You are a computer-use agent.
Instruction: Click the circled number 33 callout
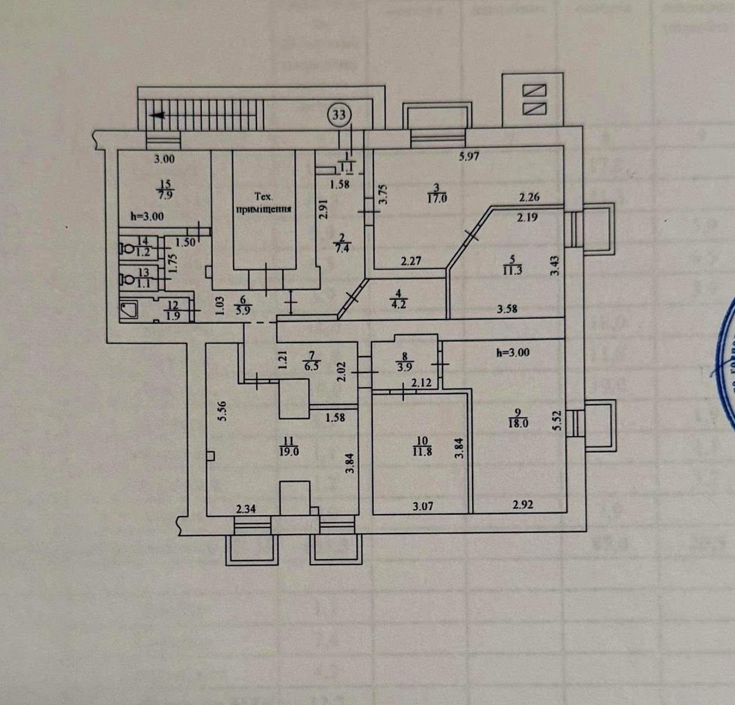[x=339, y=114]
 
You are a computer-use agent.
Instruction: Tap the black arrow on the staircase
[x=157, y=116]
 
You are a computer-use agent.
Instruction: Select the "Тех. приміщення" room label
[x=264, y=203]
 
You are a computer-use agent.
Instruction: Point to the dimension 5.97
[x=468, y=157]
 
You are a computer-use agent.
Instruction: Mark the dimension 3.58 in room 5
[x=507, y=309]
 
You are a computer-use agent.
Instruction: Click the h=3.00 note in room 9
[x=513, y=352]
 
